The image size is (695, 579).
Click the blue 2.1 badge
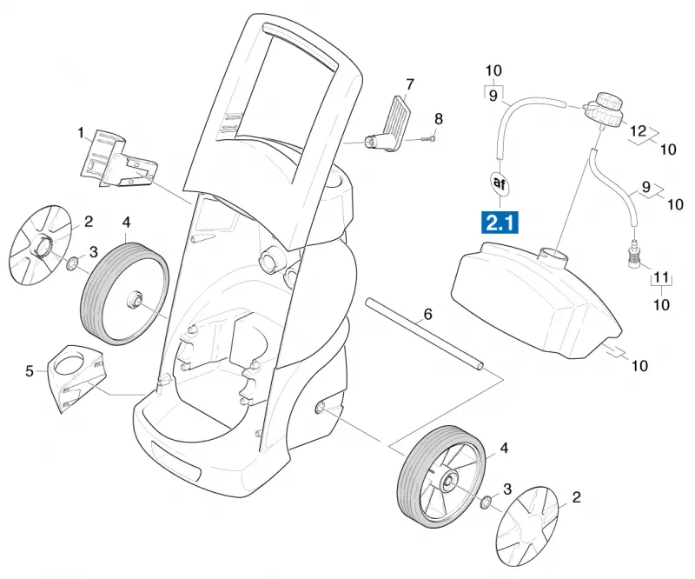500,223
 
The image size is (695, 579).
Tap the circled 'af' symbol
500,183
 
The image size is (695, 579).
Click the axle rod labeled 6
424,334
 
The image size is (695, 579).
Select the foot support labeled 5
76,376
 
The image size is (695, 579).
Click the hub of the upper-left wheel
134,297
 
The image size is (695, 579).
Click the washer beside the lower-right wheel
486,502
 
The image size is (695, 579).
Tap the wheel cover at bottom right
526,526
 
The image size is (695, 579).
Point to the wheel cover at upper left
41,245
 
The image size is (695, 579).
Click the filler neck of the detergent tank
553,256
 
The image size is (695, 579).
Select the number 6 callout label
427,315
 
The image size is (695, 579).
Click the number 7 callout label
409,84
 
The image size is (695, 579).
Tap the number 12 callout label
639,131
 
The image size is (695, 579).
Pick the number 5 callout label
30,371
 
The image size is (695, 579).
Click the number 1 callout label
81,133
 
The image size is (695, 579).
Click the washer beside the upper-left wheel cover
72,264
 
